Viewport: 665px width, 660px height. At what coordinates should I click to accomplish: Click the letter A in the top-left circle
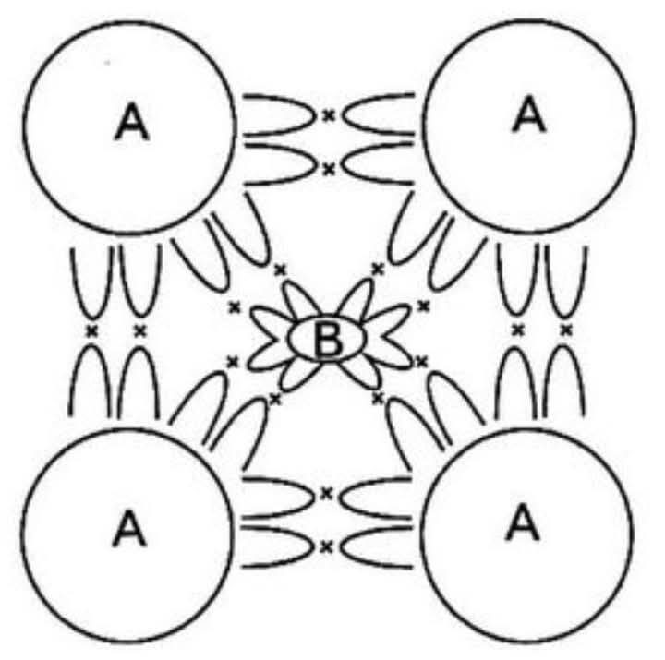click(x=131, y=123)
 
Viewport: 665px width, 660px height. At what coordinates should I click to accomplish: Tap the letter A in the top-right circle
click(x=528, y=114)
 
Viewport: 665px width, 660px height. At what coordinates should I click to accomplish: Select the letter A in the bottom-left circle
click(x=129, y=528)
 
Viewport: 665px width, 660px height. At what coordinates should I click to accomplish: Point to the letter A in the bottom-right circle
click(x=523, y=524)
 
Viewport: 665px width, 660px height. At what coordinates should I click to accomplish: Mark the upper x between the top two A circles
click(x=328, y=114)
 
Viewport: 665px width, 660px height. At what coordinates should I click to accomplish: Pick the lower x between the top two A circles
click(x=328, y=170)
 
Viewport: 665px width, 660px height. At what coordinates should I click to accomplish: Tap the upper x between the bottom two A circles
click(x=326, y=493)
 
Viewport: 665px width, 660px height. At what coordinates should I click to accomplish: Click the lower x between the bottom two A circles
click(x=326, y=547)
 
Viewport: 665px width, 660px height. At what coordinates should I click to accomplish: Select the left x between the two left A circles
click(x=91, y=330)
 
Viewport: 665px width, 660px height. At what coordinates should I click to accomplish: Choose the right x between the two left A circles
click(x=140, y=330)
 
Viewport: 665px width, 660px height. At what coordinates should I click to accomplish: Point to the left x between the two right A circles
click(x=517, y=330)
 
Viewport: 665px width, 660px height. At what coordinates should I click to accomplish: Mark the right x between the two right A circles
click(x=566, y=330)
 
